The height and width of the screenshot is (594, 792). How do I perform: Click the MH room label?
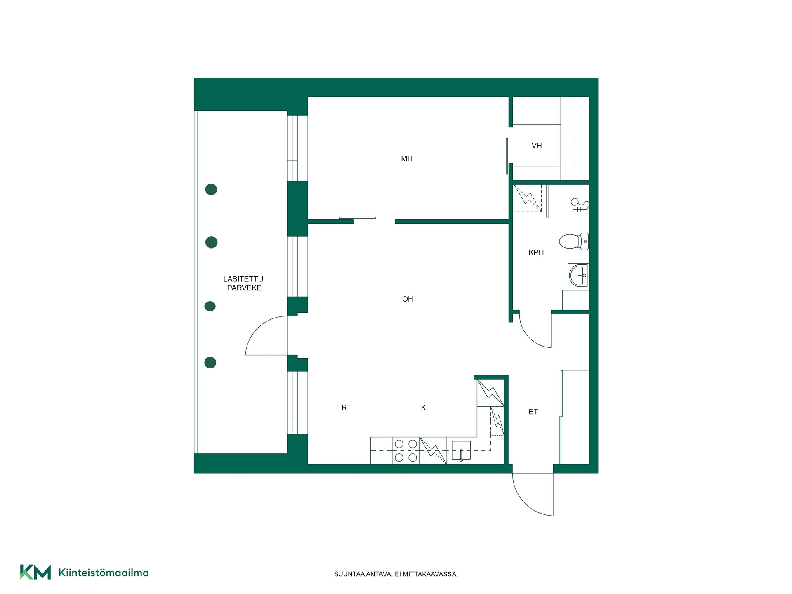click(407, 158)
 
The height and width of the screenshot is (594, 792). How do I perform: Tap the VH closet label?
click(537, 146)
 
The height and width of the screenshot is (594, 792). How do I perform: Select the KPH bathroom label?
click(536, 252)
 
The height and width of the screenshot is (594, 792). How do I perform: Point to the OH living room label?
click(408, 299)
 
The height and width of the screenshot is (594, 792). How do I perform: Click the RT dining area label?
click(346, 408)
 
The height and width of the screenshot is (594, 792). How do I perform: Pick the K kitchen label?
click(423, 408)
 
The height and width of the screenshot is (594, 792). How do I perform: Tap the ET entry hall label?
click(533, 412)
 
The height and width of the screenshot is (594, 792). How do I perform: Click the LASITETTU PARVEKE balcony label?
click(243, 283)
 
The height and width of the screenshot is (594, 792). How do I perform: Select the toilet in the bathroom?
click(574, 241)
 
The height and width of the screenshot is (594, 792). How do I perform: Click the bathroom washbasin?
click(578, 276)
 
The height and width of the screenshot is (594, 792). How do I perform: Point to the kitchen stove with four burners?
click(406, 450)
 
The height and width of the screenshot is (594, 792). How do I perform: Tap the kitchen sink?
click(461, 450)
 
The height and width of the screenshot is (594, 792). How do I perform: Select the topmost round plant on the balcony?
click(211, 189)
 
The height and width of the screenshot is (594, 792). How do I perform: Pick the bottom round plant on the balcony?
click(210, 363)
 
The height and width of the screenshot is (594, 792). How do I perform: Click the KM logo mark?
click(35, 572)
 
